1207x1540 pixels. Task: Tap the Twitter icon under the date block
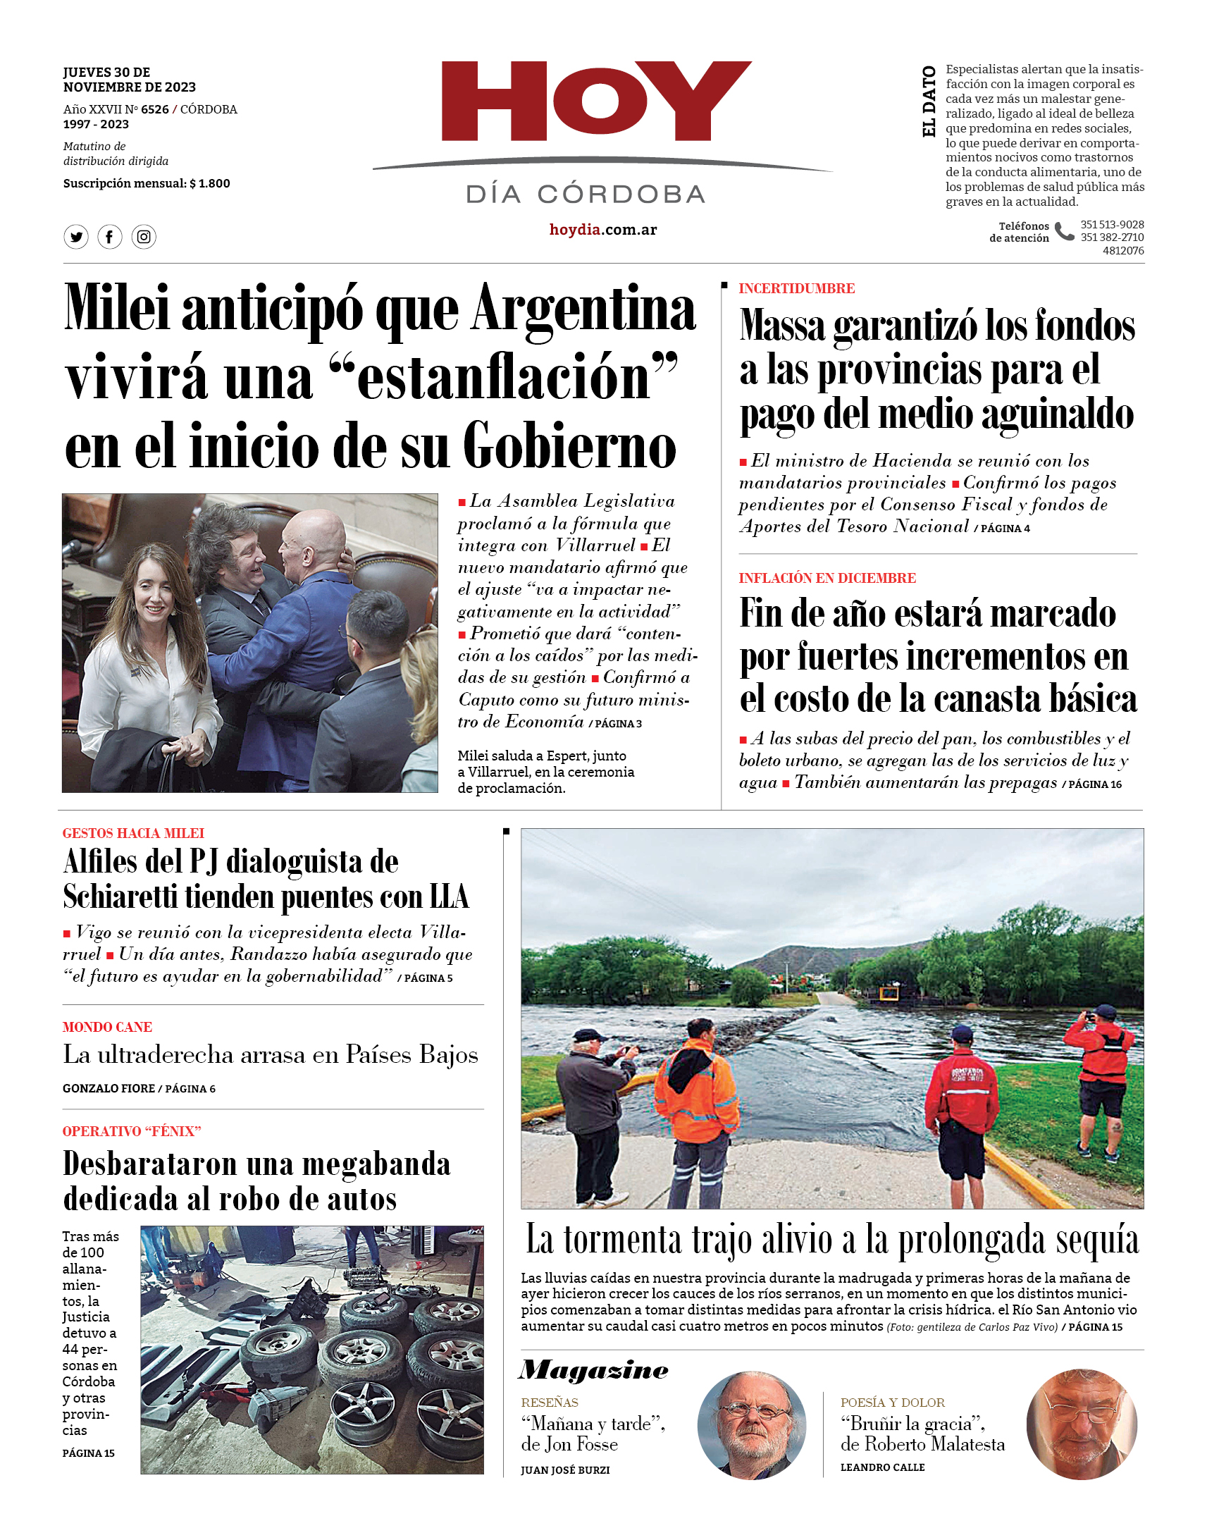click(76, 237)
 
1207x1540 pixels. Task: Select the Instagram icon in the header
click(144, 237)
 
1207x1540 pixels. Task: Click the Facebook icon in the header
click(109, 237)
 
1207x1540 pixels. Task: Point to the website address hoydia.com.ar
click(602, 230)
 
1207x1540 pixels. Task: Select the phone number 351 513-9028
click(1112, 225)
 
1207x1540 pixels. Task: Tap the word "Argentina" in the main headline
click(583, 309)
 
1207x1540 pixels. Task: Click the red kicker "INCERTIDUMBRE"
click(796, 288)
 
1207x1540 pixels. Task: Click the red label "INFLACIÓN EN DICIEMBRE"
click(827, 578)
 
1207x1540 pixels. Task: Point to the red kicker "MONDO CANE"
click(107, 1027)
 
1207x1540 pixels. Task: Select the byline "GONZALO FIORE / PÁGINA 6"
click(139, 1088)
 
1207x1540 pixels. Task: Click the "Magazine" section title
click(593, 1370)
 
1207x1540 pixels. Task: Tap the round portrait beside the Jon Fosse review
click(751, 1425)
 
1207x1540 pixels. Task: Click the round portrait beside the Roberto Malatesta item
click(1081, 1424)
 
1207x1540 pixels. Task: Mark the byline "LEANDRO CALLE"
click(882, 1467)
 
